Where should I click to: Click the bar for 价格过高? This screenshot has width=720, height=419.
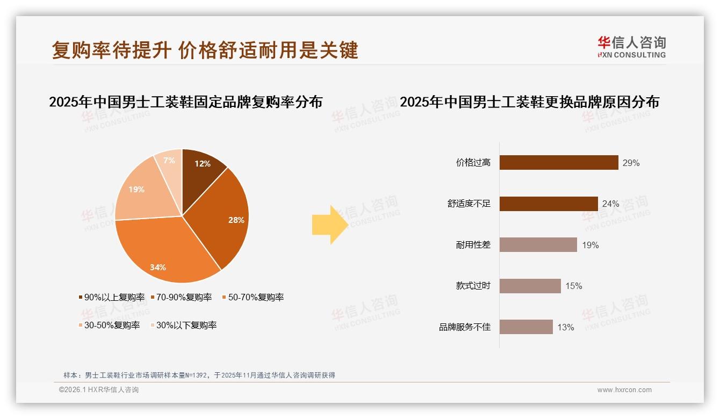559,163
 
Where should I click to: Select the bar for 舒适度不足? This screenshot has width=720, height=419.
549,204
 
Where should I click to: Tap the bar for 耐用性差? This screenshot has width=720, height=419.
538,245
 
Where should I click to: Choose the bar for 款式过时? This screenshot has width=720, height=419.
530,286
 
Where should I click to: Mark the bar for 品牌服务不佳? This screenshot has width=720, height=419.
526,327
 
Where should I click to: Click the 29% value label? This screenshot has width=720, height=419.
631,163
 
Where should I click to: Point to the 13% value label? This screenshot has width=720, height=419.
565,328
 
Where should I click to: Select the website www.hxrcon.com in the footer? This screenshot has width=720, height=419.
624,390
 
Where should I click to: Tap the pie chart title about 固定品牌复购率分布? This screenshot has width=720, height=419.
185,102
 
